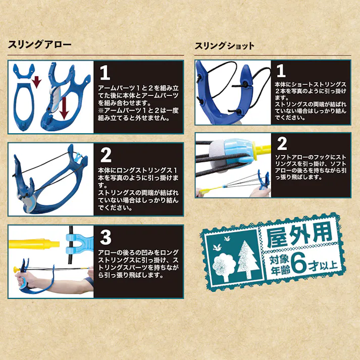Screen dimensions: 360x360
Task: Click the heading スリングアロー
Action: tap(40, 44)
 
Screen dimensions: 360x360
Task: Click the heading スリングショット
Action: tap(225, 46)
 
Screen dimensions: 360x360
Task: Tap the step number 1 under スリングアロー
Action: tap(105, 73)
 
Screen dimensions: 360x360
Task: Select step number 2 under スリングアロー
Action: tap(106, 155)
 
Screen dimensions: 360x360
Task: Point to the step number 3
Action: tap(106, 237)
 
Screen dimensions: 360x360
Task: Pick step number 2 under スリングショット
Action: tap(282, 143)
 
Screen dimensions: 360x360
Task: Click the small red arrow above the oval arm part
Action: tap(36, 82)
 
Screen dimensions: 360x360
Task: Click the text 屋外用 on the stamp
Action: tap(299, 236)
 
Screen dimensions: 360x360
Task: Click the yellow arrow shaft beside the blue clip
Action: tap(34, 244)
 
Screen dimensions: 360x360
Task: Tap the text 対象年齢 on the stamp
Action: tap(279, 265)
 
